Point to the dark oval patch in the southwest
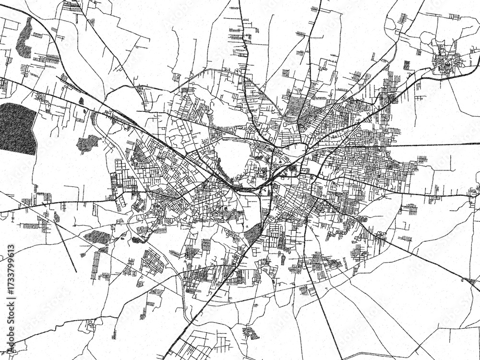[97, 236]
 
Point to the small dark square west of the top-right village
[407, 65]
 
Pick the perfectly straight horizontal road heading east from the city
[432, 144]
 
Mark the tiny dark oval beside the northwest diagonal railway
[81, 101]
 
